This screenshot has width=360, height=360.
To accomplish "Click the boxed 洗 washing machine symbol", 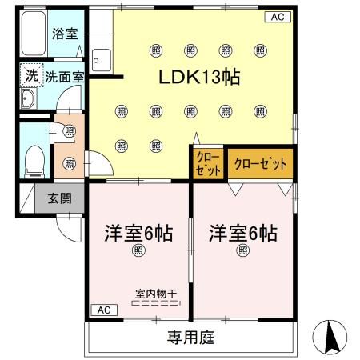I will (30, 76).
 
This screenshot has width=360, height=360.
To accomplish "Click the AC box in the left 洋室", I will (103, 309).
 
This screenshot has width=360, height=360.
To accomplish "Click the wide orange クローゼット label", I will (260, 164).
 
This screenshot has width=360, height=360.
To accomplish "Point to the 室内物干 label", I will (155, 294).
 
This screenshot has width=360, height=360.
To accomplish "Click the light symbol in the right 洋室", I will (243, 250).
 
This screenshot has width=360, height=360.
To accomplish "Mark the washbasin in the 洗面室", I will (28, 99).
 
